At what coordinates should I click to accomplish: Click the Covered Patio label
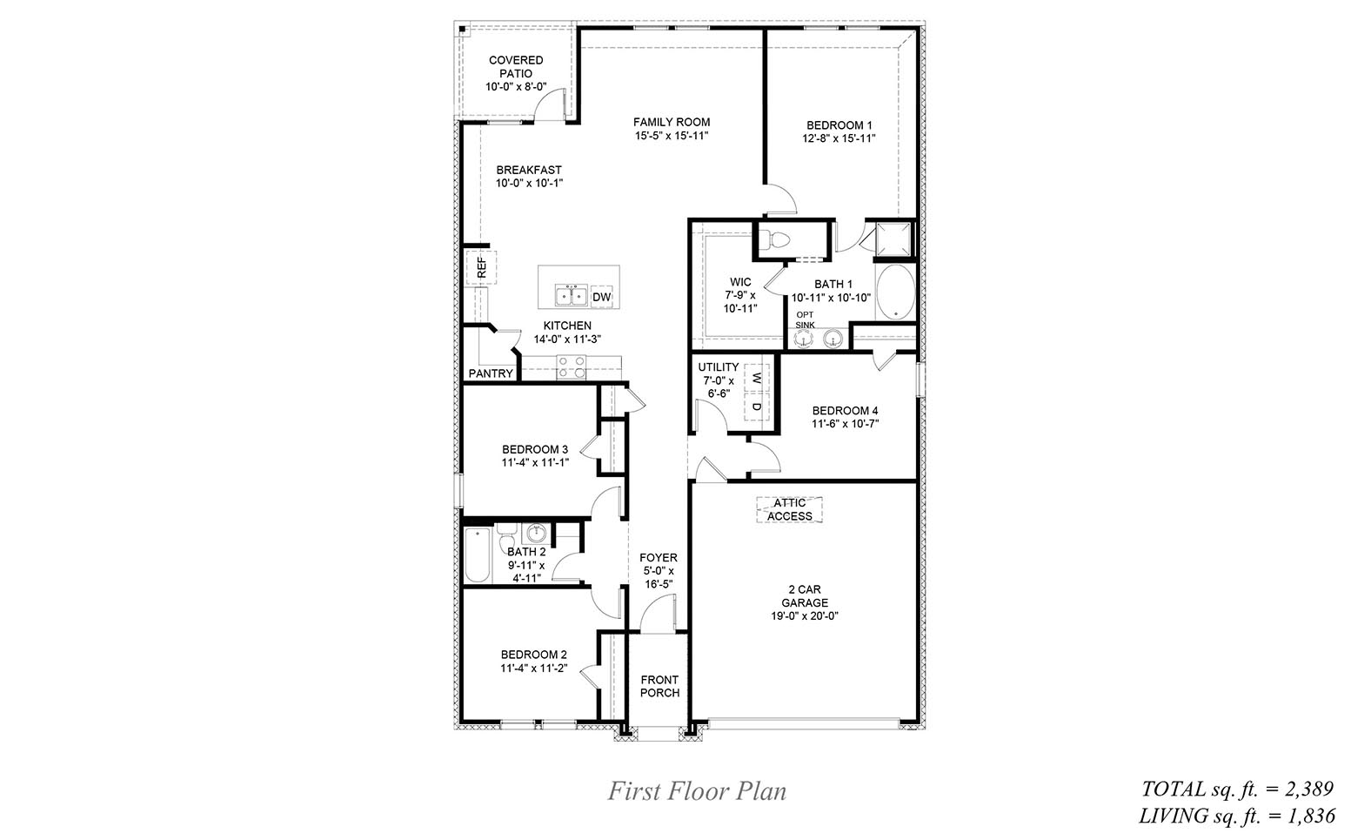pyautogui.click(x=516, y=67)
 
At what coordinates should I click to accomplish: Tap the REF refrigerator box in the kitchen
pyautogui.click(x=481, y=267)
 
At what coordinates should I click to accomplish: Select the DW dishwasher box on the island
pyautogui.click(x=602, y=298)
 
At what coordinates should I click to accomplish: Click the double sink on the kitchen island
pyautogui.click(x=572, y=296)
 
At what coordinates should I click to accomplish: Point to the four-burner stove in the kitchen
pyautogui.click(x=571, y=366)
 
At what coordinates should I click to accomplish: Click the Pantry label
pyautogui.click(x=491, y=373)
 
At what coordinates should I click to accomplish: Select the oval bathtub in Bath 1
pyautogui.click(x=893, y=293)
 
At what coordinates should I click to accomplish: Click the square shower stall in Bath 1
pyautogui.click(x=893, y=239)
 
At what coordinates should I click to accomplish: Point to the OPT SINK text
pyautogui.click(x=806, y=319)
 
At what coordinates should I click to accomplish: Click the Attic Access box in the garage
pyautogui.click(x=790, y=509)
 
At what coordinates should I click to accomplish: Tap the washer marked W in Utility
pyautogui.click(x=757, y=379)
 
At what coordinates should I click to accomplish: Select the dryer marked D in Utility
pyautogui.click(x=757, y=407)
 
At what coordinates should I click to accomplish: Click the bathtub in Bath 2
pyautogui.click(x=477, y=555)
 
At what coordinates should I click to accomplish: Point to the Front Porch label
pyautogui.click(x=659, y=686)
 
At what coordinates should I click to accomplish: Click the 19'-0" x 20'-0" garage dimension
pyautogui.click(x=804, y=616)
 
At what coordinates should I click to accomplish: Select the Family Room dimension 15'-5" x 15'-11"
pyautogui.click(x=671, y=135)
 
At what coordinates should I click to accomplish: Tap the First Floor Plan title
pyautogui.click(x=696, y=791)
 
